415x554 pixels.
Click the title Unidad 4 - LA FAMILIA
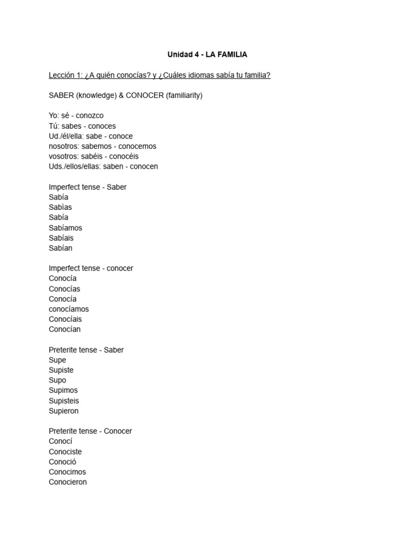pos(207,55)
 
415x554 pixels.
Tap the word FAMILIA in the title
pos(233,55)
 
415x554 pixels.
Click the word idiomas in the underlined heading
pos(208,75)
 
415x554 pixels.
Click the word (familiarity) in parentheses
pos(184,95)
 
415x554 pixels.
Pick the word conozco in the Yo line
pos(90,115)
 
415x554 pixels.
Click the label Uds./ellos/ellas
pos(73,167)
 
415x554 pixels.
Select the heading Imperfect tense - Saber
pos(88,187)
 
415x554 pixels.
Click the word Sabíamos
pos(65,228)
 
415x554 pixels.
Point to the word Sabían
pos(61,248)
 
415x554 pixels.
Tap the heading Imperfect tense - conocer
pos(91,268)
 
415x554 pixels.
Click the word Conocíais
pos(65,319)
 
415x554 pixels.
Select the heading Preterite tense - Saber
pos(86,350)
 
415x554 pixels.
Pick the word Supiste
pos(61,370)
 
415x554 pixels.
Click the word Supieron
pos(64,411)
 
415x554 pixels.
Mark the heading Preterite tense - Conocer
pos(90,431)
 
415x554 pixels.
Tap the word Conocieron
pos(68,482)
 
